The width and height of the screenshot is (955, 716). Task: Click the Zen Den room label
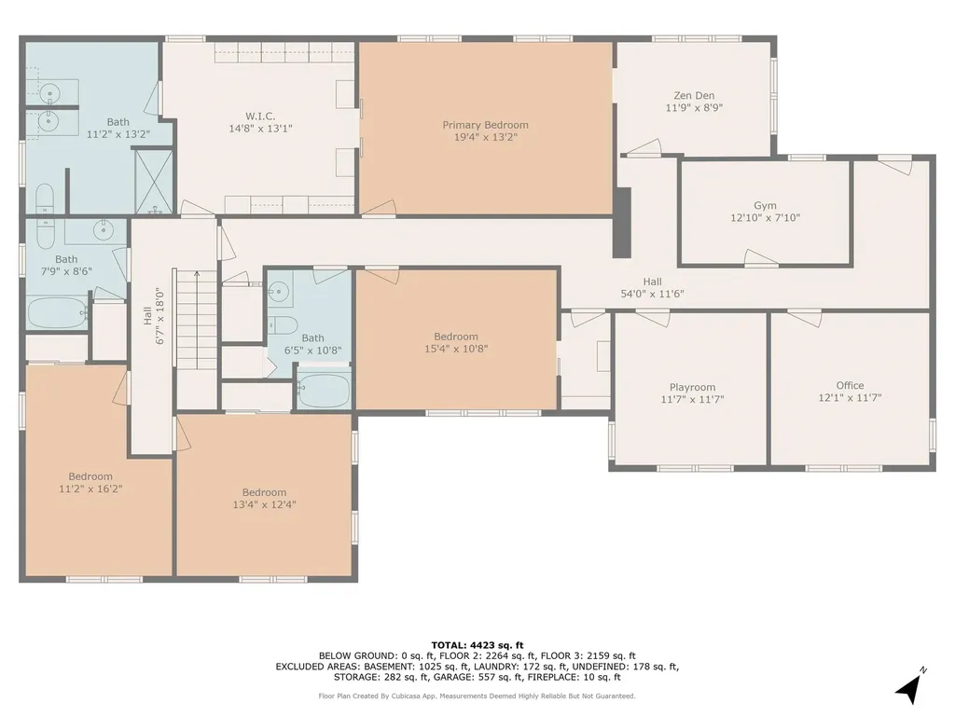pos(694,95)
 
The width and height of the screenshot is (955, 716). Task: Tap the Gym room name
pos(765,206)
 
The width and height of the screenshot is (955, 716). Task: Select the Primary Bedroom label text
pos(485,125)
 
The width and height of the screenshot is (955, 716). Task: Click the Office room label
pos(850,385)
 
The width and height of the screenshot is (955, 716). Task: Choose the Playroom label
pos(692,387)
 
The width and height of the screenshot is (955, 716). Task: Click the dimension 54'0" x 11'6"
pos(652,294)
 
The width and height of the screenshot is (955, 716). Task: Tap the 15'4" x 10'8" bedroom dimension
pos(456,349)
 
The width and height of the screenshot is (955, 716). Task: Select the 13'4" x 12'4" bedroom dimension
pos(264,504)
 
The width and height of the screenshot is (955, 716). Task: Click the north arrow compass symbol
pos(908,687)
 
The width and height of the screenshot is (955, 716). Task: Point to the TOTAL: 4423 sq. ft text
pos(477,645)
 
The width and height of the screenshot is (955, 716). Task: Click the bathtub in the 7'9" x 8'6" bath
pos(56,312)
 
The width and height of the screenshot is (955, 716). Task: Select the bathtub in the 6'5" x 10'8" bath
pos(324,389)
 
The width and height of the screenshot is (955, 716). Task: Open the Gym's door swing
pos(761,257)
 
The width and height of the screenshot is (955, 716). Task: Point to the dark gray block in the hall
pos(622,222)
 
